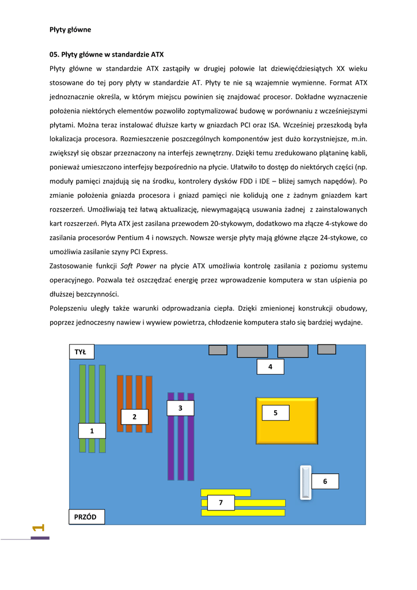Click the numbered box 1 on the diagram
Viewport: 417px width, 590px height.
[92, 430]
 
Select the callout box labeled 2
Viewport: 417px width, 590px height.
[134, 417]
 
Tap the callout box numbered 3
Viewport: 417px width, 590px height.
[180, 408]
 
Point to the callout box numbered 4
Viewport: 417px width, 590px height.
[270, 366]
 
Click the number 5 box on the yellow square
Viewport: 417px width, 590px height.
[275, 413]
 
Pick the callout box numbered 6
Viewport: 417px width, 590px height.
[325, 481]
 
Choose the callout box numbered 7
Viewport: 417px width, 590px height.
[221, 502]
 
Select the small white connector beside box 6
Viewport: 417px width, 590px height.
[304, 482]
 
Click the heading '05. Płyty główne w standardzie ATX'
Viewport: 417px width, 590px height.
[107, 55]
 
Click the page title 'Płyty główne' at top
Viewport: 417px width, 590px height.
[70, 29]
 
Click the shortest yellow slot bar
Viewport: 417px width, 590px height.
[226, 493]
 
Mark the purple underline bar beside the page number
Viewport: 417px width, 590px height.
[40, 538]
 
